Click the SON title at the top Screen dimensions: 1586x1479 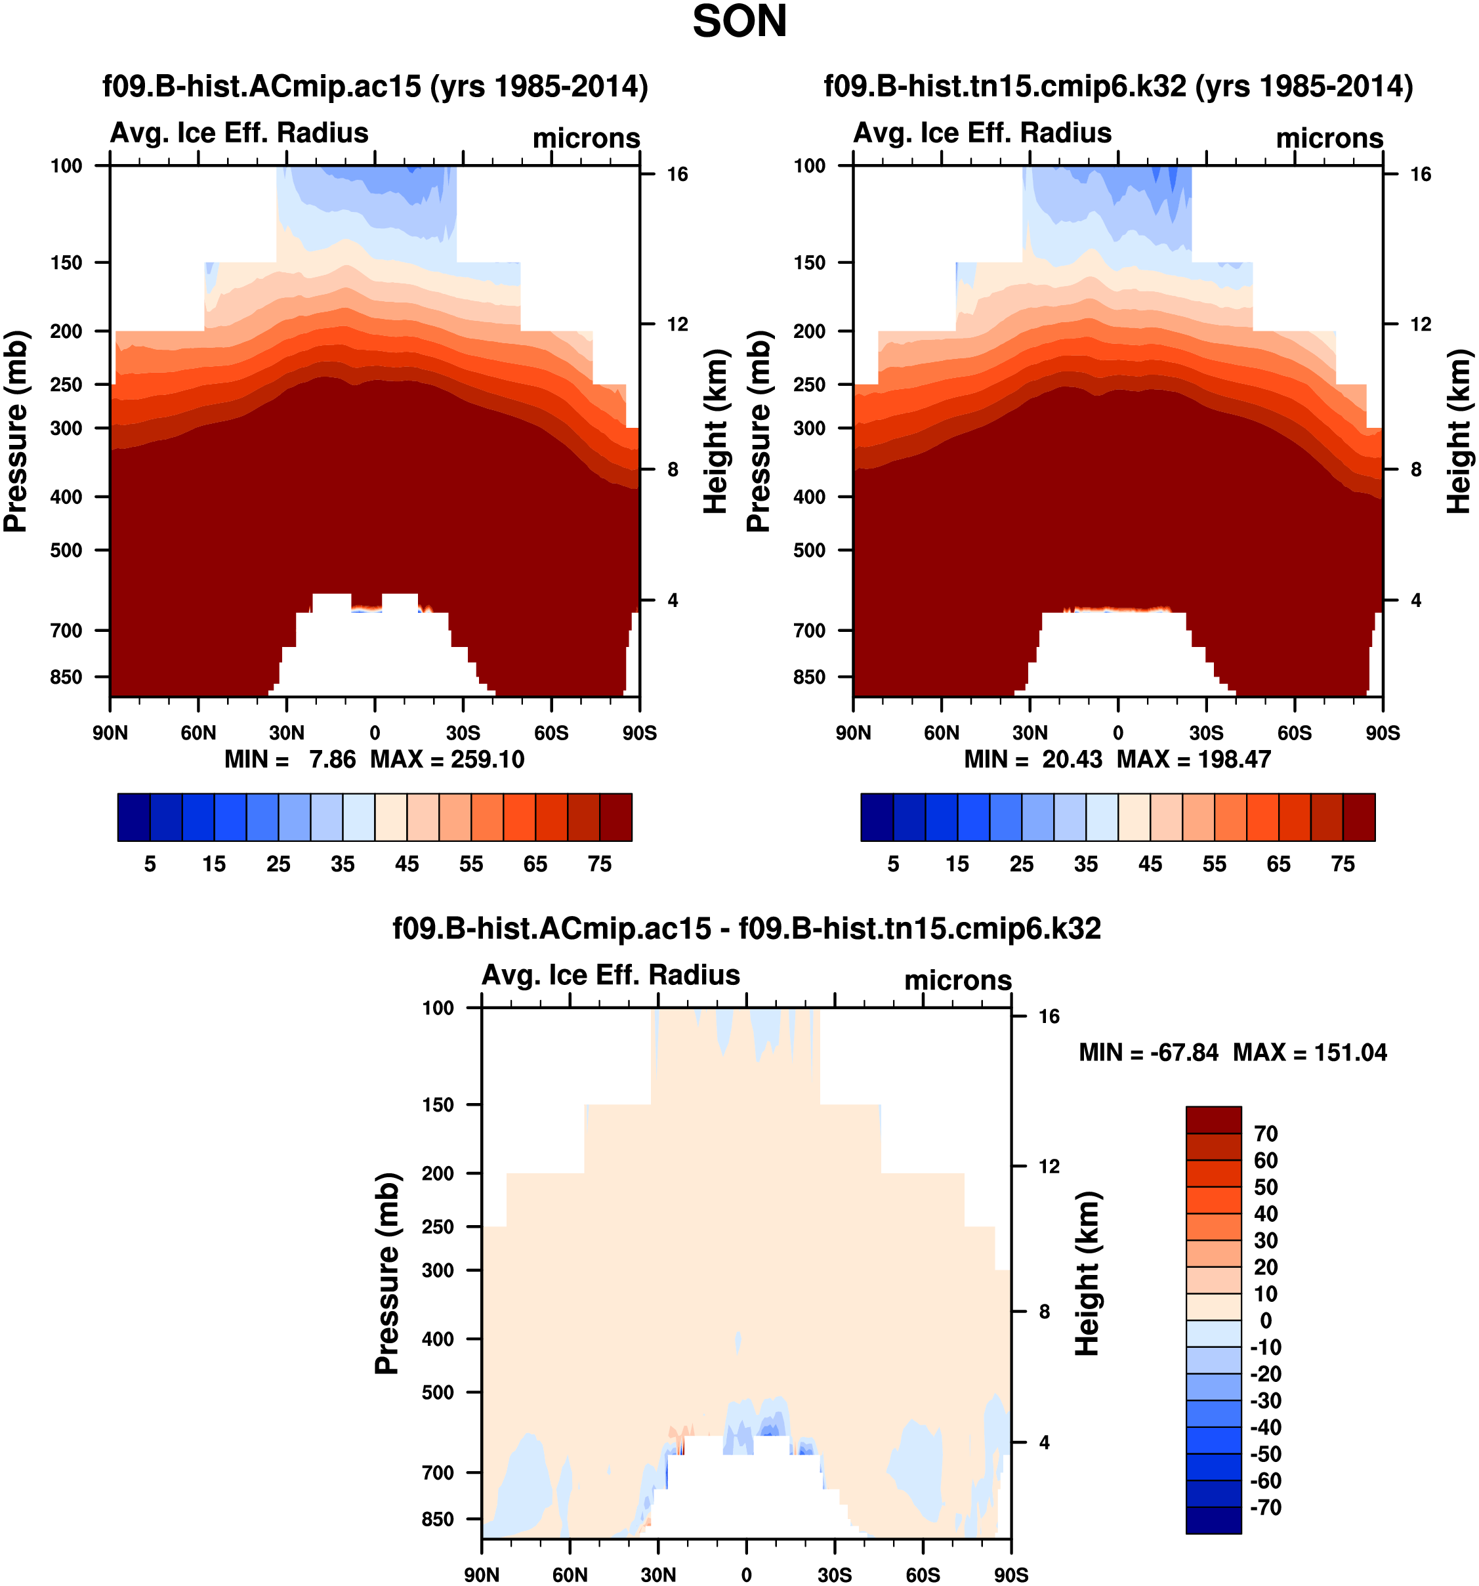point(739,22)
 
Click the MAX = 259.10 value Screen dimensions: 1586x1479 point(447,759)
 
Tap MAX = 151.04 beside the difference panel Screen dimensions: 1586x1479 point(1309,1053)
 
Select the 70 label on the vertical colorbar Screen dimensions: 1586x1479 point(1265,1134)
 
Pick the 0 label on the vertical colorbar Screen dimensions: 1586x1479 point(1265,1320)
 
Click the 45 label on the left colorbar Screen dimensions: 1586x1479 point(407,864)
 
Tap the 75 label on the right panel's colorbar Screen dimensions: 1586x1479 point(1343,864)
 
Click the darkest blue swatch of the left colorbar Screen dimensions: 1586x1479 point(133,817)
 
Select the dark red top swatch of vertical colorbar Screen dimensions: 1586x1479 point(1213,1119)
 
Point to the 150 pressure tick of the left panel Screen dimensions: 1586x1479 point(66,262)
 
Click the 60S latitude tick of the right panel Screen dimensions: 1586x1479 point(1294,733)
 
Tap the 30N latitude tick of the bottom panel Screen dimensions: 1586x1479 point(658,1575)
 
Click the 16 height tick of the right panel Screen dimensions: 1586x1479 point(1420,174)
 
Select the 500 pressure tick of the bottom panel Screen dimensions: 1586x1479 point(438,1392)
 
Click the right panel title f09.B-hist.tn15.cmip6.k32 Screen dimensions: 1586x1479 point(1117,85)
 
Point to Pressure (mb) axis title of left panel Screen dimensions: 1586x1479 point(16,431)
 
